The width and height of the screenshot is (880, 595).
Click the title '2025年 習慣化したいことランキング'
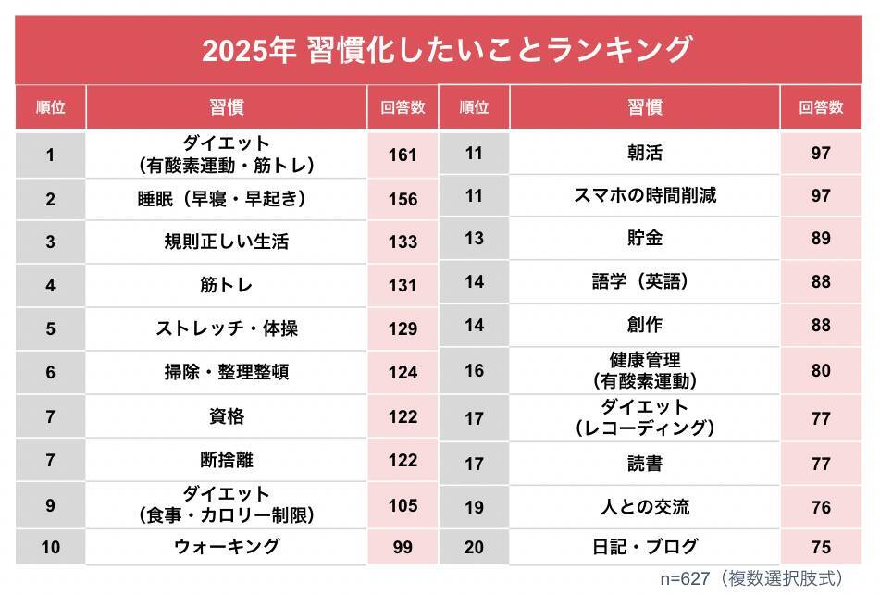point(446,50)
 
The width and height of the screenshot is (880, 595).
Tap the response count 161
point(403,155)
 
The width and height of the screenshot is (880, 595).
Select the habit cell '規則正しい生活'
point(227,242)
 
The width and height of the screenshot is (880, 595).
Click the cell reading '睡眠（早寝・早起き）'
point(227,198)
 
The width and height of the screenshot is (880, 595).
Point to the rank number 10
point(51,547)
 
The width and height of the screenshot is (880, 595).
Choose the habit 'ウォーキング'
point(227,547)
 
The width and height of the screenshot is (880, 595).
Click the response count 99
point(403,547)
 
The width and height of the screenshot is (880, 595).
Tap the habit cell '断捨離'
point(227,459)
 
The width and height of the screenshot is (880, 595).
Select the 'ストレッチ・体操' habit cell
point(227,328)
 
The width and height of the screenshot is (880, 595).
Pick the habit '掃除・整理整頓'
point(227,372)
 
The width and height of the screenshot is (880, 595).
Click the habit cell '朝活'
point(644,153)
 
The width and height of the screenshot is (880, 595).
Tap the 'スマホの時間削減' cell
point(644,195)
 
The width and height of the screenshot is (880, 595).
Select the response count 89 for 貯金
point(820,239)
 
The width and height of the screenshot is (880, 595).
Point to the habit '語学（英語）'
point(644,281)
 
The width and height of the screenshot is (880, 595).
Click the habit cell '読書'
point(644,464)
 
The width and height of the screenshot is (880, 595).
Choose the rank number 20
point(474,547)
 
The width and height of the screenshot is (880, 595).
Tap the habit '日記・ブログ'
point(644,547)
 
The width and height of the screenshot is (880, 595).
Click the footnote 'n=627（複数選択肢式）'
point(751,578)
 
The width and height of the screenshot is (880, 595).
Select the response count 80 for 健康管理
point(820,370)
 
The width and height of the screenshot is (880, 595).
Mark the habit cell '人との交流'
point(644,507)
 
